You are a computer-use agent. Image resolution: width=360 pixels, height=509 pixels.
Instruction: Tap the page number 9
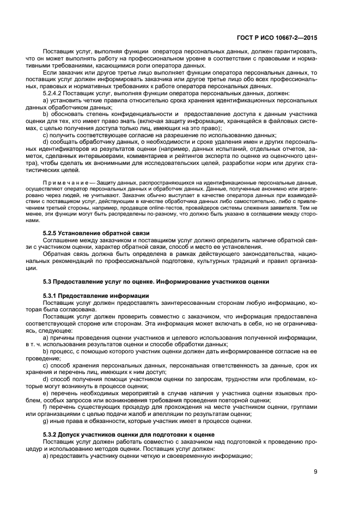tap(315, 471)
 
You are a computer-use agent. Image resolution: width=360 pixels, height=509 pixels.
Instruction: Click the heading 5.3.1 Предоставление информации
tap(95, 295)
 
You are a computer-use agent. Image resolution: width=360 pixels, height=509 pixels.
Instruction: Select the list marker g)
tap(46, 421)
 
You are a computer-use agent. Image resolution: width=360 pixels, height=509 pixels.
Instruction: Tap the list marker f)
tap(45, 407)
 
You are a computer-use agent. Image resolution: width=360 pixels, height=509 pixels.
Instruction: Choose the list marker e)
tap(46, 393)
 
